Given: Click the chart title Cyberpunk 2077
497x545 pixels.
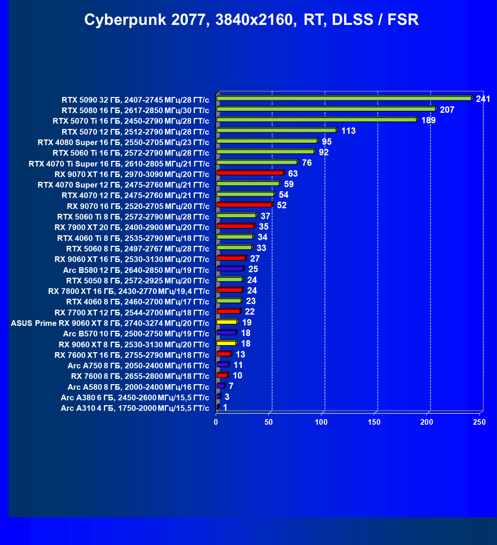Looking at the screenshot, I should point(251,20).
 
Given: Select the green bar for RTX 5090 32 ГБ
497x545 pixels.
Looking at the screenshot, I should point(344,98).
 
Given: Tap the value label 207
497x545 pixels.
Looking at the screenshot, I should point(447,110).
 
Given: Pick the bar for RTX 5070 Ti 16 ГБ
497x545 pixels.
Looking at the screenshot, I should point(317,120).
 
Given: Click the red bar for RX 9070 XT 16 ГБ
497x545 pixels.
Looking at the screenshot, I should point(250,173).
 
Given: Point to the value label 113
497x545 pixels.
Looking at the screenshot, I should point(348,131).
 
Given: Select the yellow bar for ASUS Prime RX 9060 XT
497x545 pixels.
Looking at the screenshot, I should point(227,322).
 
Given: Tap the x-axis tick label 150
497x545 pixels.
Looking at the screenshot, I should point(374,422).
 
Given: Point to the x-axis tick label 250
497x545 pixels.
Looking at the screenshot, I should point(479,422).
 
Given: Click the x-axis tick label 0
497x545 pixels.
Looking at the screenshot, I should point(216,422).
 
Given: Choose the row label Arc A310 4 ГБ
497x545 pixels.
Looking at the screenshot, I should point(135,409).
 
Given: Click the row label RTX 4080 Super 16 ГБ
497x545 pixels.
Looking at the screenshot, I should point(123,142).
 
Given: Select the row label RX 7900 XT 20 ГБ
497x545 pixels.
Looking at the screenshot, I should point(131,228).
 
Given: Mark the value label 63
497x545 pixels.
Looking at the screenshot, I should point(293,174).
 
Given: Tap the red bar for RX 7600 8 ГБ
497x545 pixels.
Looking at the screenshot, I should point(222,375).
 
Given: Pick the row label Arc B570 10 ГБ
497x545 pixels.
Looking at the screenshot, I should point(136,334).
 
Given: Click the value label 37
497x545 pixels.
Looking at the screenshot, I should point(265,216).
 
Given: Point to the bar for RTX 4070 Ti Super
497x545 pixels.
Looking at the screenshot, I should point(257,162).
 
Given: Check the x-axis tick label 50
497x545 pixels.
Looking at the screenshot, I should point(269,422).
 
